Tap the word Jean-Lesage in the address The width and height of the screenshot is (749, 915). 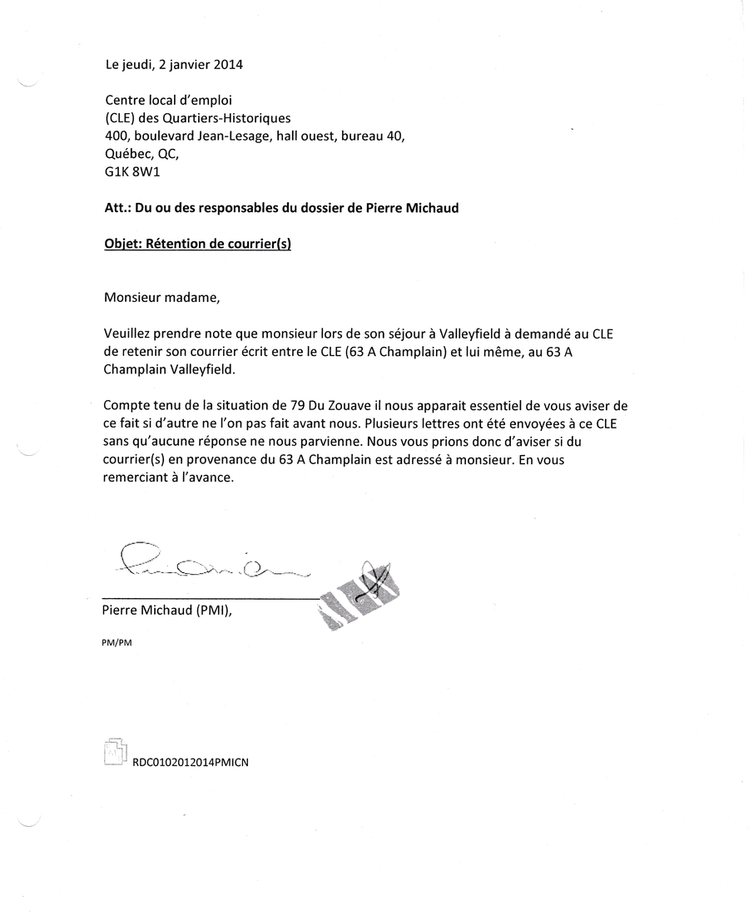(x=237, y=136)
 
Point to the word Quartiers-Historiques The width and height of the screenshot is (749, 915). (x=234, y=118)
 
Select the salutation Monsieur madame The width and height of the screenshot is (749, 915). (x=163, y=297)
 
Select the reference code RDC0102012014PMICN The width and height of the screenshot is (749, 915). (x=191, y=760)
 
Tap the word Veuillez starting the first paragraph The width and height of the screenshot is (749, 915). (x=131, y=334)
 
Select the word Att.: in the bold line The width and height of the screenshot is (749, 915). (x=118, y=209)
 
